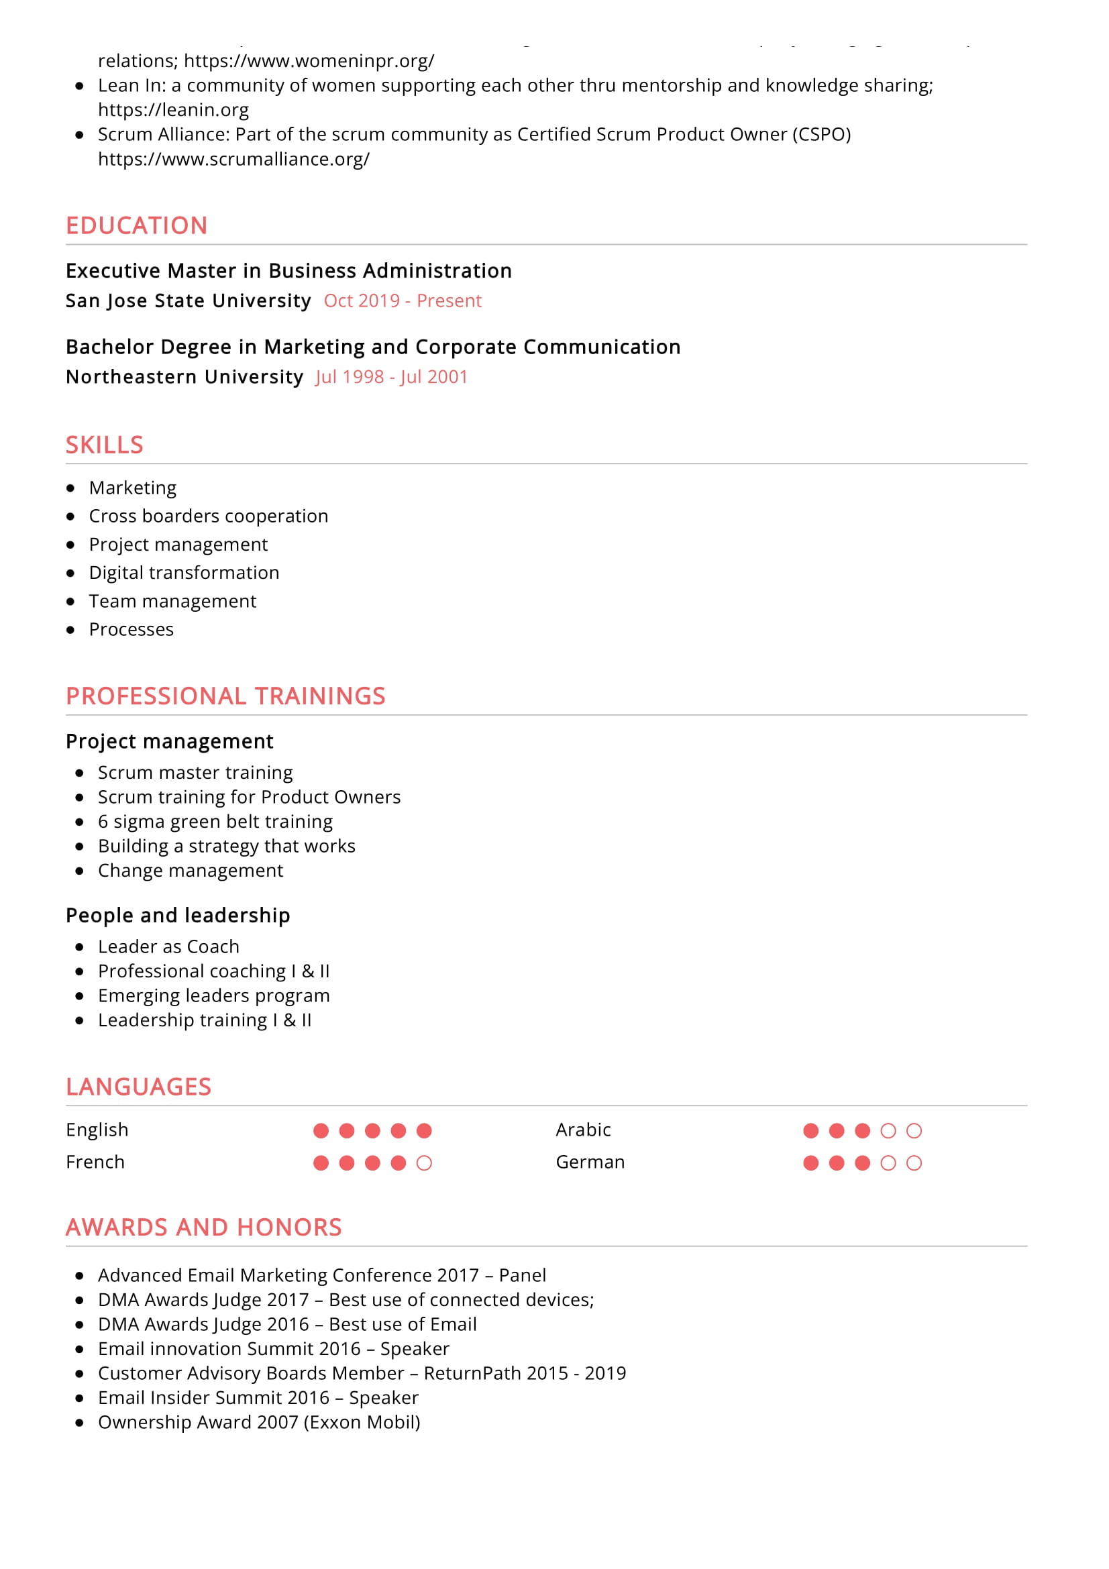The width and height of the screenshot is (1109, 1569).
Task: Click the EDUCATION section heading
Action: click(x=137, y=225)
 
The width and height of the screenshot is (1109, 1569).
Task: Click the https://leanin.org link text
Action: click(x=173, y=110)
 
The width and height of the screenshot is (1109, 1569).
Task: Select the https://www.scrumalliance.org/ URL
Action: click(x=233, y=159)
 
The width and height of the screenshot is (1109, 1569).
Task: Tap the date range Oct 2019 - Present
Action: click(x=403, y=301)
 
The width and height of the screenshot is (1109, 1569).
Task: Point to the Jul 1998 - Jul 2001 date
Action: click(x=392, y=377)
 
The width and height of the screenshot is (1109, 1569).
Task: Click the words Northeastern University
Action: click(x=184, y=377)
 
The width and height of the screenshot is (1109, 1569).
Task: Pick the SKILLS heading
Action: click(x=105, y=445)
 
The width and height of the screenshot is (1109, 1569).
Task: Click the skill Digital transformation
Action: click(x=184, y=573)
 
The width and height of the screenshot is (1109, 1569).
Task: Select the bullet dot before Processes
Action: click(x=70, y=630)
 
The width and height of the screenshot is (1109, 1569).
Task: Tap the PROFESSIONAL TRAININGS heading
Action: click(x=225, y=696)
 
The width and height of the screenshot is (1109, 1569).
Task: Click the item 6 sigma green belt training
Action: click(x=215, y=822)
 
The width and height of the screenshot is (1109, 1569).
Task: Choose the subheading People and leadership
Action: click(x=178, y=916)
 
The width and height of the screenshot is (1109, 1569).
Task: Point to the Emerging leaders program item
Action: click(x=214, y=995)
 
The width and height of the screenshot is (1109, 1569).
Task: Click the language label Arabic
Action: click(x=583, y=1130)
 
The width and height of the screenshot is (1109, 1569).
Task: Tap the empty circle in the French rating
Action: click(x=424, y=1163)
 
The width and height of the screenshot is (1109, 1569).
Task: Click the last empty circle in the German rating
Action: click(x=914, y=1163)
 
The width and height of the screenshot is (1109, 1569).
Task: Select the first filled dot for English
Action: click(x=321, y=1131)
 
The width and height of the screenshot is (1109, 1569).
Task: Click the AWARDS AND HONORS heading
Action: click(x=204, y=1228)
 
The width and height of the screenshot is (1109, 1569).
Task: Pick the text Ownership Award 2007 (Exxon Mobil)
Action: click(x=259, y=1422)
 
